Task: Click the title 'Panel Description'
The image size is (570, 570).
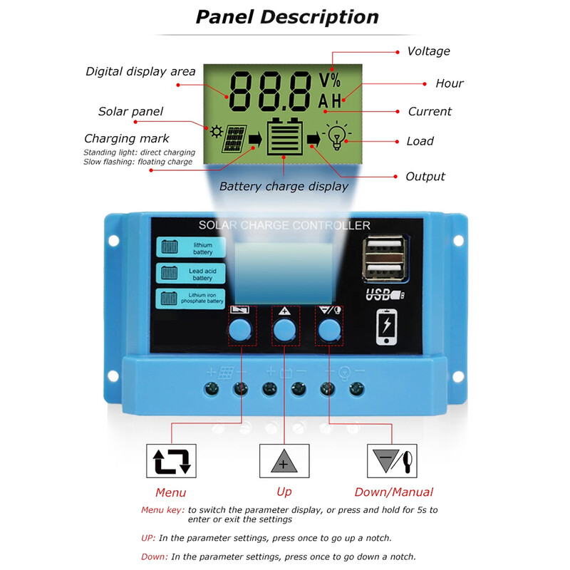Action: tap(287, 17)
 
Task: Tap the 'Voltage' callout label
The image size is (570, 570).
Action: tap(428, 51)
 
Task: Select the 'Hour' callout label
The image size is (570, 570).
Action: tap(450, 83)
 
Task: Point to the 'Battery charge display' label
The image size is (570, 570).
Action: tap(284, 187)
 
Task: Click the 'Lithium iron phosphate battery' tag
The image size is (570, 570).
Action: tap(192, 298)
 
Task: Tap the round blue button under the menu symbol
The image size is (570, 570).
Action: tap(241, 329)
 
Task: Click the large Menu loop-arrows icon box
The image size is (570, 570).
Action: tap(170, 461)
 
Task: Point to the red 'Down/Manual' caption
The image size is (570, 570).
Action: tap(393, 492)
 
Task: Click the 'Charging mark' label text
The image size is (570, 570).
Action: tap(127, 138)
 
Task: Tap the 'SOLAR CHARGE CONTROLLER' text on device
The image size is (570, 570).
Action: tap(284, 226)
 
